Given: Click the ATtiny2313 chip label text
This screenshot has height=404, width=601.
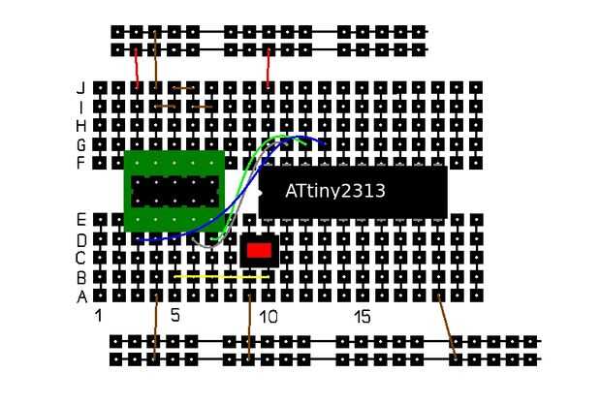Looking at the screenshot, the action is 335,191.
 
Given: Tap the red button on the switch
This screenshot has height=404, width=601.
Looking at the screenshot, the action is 260,251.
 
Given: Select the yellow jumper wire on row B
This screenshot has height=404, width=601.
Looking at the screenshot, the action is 222,276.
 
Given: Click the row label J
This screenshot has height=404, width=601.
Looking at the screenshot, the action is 81,88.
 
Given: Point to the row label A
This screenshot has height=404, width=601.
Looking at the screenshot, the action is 81,296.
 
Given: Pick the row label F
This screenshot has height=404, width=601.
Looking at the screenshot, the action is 80,163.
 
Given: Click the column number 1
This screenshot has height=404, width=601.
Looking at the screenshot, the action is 99,316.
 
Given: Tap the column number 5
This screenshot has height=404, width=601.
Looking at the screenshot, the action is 175,315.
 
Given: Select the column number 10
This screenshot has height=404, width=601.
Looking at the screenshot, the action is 268,317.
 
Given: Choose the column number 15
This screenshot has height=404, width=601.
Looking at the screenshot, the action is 363,317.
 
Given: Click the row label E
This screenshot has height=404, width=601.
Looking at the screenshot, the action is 81,220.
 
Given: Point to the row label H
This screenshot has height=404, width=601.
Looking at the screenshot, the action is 81,126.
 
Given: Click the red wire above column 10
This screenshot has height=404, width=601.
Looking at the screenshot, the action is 269,69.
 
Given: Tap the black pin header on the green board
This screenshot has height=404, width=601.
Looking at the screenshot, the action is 175,192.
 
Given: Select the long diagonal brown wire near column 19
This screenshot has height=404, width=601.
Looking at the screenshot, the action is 447,327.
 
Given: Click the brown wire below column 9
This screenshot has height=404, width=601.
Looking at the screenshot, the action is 249,327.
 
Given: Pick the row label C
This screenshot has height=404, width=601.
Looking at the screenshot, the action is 80,258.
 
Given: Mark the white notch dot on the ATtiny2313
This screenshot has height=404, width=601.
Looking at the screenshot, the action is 260,193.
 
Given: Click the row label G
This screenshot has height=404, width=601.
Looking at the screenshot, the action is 80,144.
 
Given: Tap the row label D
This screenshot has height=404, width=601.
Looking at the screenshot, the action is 81,240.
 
